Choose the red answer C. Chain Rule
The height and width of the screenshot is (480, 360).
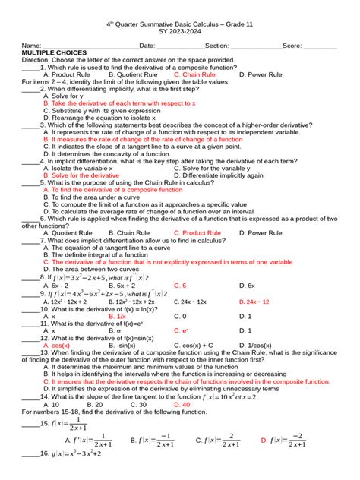pyautogui.click(x=195, y=74)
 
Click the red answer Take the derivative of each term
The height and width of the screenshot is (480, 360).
pyautogui.click(x=119, y=103)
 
